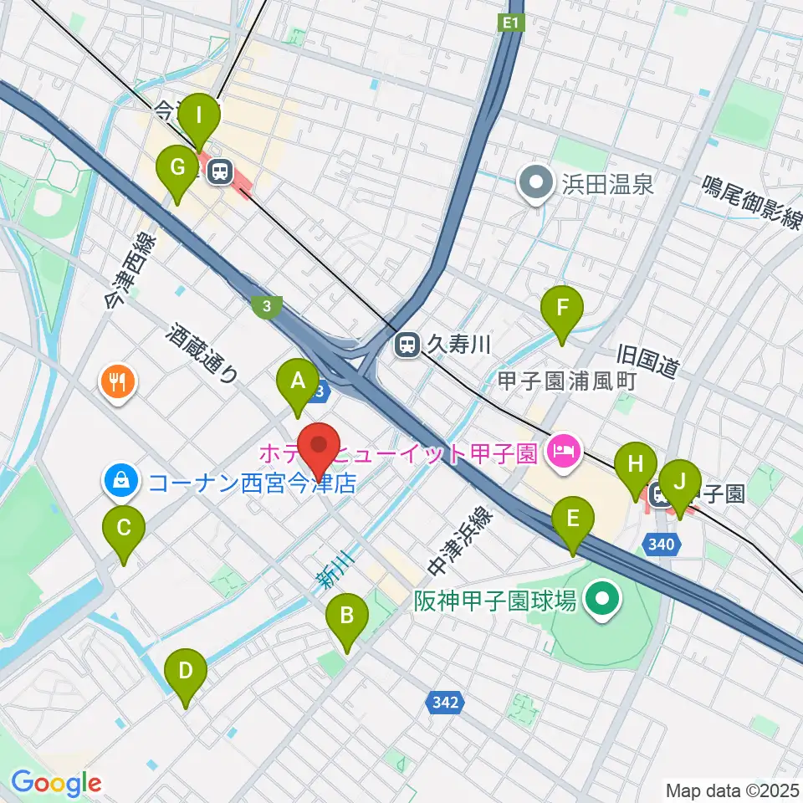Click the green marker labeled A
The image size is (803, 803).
tap(297, 383)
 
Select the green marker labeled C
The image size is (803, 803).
tap(123, 529)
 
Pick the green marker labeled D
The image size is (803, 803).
tap(185, 672)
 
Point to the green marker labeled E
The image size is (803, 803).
tap(573, 520)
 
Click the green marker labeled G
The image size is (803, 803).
tap(177, 168)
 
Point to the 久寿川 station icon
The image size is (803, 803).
tap(407, 344)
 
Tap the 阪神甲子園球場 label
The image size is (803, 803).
tap(495, 601)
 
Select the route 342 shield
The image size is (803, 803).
tap(445, 703)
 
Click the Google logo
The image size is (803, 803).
tap(56, 783)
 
